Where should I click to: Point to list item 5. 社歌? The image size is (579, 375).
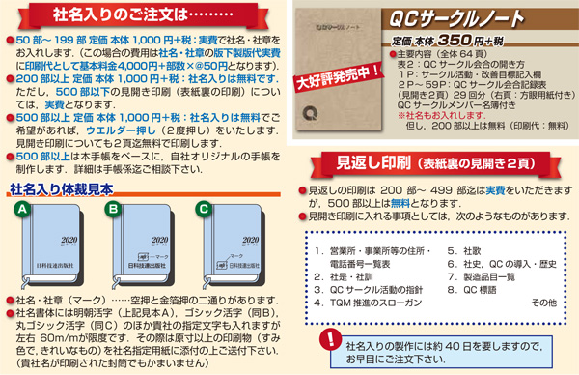click(x=465, y=248)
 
